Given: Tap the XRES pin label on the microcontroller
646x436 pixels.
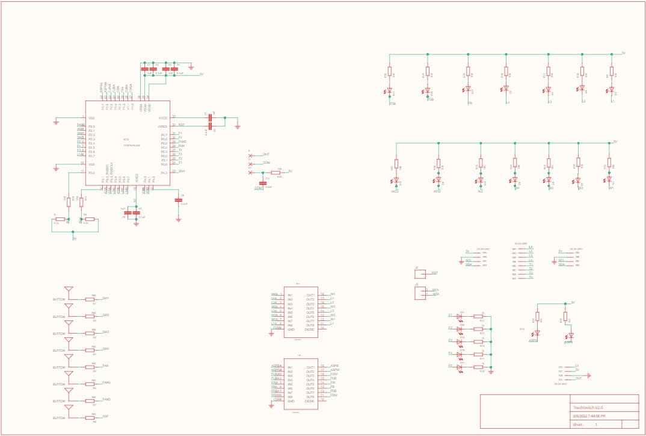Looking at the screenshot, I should tap(162, 126).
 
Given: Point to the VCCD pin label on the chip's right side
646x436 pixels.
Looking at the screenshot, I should tap(162, 118).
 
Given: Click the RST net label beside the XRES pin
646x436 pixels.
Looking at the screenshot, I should tap(181, 125).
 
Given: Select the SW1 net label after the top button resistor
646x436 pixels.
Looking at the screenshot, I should tap(105, 299).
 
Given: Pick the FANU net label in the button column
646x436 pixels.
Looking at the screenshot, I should tap(106, 382).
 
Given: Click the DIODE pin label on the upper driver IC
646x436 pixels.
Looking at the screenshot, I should tap(310, 329).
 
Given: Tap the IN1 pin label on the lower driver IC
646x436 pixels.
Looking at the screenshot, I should tap(290, 367).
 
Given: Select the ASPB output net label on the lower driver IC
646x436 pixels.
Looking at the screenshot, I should tap(334, 366).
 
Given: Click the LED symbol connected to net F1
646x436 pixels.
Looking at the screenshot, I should tap(460, 316).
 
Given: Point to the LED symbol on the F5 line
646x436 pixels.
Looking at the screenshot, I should tap(460, 366).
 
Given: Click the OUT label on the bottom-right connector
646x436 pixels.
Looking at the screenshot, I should tap(578, 378).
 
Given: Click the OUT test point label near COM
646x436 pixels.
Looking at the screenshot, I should tap(266, 155).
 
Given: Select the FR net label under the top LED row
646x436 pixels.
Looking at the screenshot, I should tap(469, 103).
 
